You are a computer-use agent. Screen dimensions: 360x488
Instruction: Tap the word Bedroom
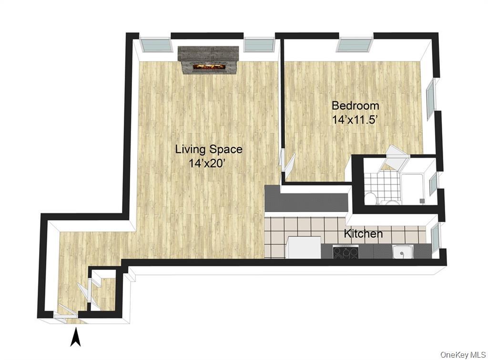coord(356,106)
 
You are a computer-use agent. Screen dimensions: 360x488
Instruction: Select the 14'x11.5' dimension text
coord(355,120)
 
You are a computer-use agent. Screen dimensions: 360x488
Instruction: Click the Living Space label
coord(209,149)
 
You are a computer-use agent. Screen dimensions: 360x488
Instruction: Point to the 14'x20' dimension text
coord(209,163)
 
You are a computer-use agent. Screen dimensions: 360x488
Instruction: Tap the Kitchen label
coord(363,234)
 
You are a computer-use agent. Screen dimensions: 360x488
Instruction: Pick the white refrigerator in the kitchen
coord(304,248)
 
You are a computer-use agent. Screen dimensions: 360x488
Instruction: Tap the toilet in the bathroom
coord(371,198)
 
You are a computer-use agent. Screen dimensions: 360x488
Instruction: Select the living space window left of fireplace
coord(156,45)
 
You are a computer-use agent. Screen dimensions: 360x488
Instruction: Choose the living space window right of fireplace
coord(259,45)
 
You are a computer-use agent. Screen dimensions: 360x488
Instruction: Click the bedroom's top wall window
coord(354,45)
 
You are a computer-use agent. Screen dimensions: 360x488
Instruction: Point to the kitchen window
coord(436,237)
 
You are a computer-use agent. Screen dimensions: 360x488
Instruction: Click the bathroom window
coord(433,185)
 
